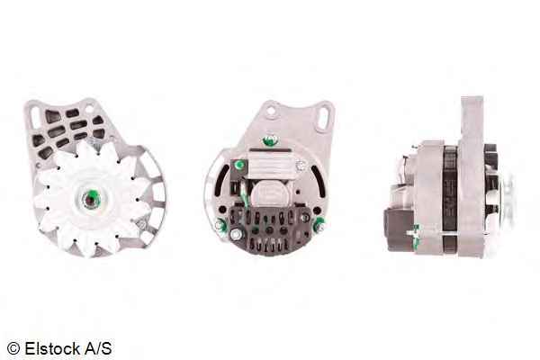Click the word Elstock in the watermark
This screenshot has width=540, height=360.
pyautogui.click(x=52, y=348)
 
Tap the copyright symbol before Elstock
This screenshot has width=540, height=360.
pyautogui.click(x=13, y=348)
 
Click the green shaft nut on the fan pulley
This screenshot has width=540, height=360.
pyautogui.click(x=91, y=199)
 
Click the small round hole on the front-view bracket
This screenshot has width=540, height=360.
pyautogui.click(x=89, y=109)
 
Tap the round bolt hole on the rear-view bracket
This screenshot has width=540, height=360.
pyautogui.click(x=271, y=111)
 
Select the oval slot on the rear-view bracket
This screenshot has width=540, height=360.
pyautogui.click(x=324, y=118)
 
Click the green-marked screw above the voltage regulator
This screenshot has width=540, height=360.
pyautogui.click(x=270, y=140)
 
